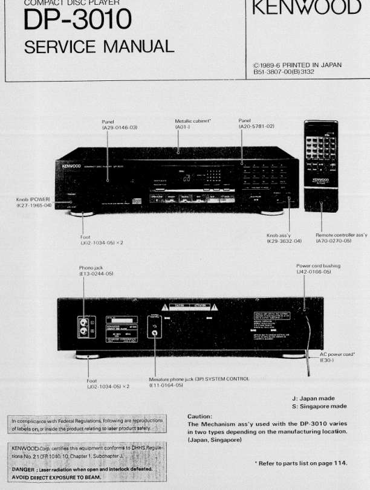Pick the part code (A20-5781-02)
(x=257, y=127)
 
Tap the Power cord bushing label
(x=317, y=266)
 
